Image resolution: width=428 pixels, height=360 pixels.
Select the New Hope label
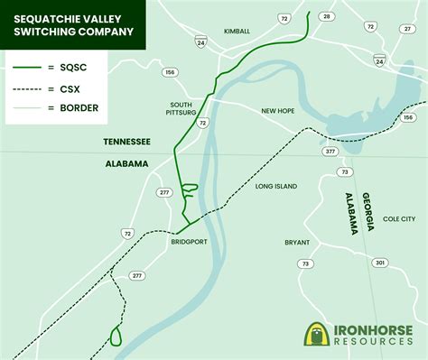(279, 111)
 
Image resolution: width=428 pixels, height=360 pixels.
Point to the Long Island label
(275, 187)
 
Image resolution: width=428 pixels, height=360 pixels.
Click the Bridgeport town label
(190, 242)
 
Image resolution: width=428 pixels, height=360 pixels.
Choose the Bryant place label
(272, 242)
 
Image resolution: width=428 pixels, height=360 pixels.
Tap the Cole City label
(399, 218)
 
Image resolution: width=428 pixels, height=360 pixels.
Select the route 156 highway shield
(169, 73)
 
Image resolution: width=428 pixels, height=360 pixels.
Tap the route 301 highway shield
(380, 263)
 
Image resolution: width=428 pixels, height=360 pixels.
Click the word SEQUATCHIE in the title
(42, 14)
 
